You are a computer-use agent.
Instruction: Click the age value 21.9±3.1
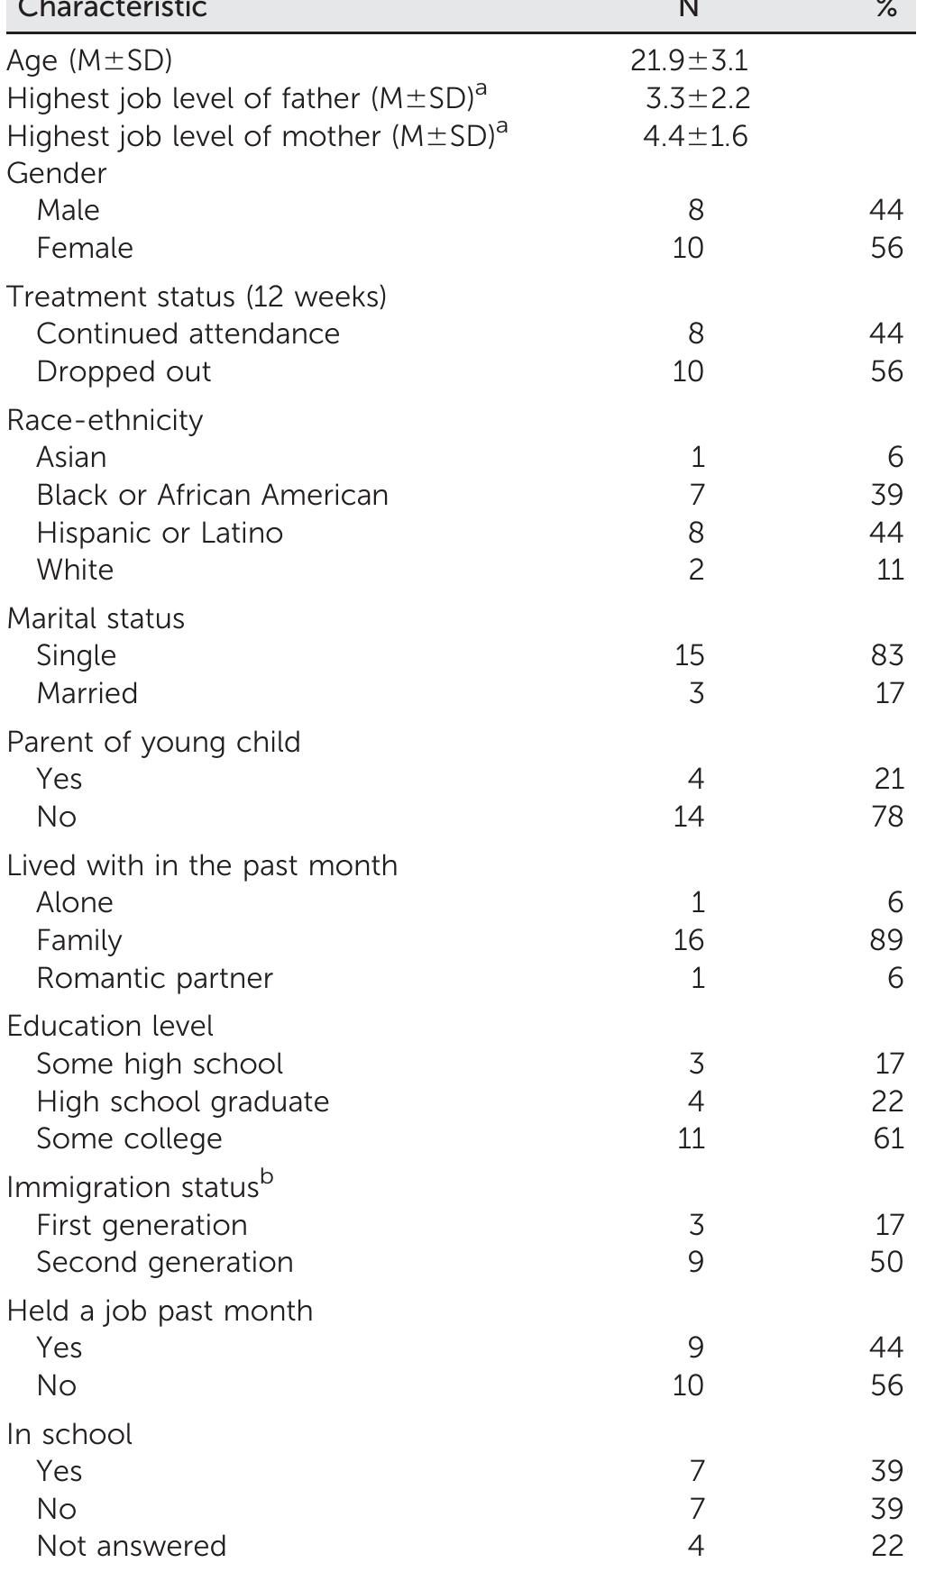689,61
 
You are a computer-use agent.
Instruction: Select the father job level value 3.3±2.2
697,99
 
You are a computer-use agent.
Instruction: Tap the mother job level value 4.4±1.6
695,137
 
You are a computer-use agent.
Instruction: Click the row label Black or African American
212,495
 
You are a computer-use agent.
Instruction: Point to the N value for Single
689,655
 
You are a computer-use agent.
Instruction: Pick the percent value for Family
886,940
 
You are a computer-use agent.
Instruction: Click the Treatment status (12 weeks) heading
197,297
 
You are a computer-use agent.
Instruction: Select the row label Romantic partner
154,978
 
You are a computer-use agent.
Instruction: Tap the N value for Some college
691,1138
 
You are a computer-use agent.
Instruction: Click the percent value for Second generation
886,1262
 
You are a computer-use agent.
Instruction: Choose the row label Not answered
132,1546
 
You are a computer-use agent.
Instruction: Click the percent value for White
889,570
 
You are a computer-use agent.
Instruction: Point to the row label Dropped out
124,371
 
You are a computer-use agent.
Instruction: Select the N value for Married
695,693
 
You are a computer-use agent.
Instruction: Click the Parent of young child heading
153,742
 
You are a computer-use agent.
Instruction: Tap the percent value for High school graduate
887,1101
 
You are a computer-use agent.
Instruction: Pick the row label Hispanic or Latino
160,533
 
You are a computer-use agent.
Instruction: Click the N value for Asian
697,457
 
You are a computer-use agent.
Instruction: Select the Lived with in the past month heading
202,865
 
